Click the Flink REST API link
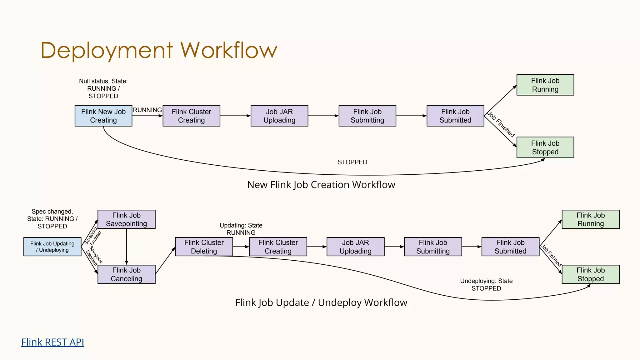click(52, 342)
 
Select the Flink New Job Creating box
click(103, 116)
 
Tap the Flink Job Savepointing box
click(126, 219)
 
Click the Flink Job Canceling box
click(126, 274)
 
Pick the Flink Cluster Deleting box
click(204, 247)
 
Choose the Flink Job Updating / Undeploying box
click(52, 247)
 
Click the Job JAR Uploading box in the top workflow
click(279, 116)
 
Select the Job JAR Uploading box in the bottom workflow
click(355, 247)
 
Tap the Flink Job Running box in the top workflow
click(545, 85)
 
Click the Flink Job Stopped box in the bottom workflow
click(590, 274)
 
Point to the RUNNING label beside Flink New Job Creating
click(147, 110)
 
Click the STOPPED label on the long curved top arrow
click(352, 162)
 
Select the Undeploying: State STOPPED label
click(486, 285)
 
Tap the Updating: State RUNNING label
click(241, 229)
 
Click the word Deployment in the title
click(106, 51)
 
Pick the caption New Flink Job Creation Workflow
click(321, 185)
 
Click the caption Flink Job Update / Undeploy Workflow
click(321, 302)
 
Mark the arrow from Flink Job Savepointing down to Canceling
click(127, 247)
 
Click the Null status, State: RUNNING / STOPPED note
click(103, 89)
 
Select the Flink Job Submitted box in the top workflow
click(455, 116)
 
